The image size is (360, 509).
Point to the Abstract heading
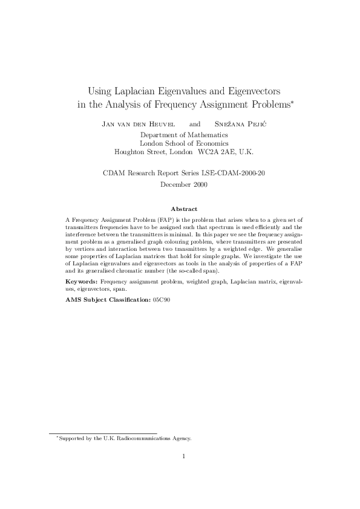click(x=184, y=209)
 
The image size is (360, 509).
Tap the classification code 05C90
click(x=162, y=299)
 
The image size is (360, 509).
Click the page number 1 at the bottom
click(x=184, y=456)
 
